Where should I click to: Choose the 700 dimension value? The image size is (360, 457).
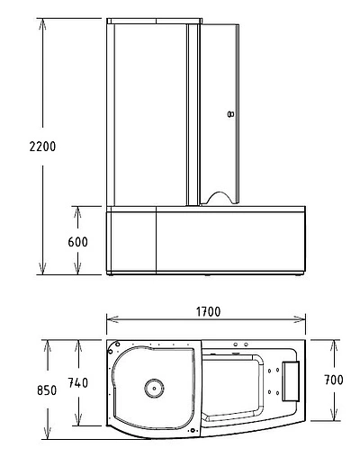[334, 381]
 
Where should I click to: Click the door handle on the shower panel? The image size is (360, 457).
[231, 114]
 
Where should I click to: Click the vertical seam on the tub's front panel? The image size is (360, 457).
[157, 241]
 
